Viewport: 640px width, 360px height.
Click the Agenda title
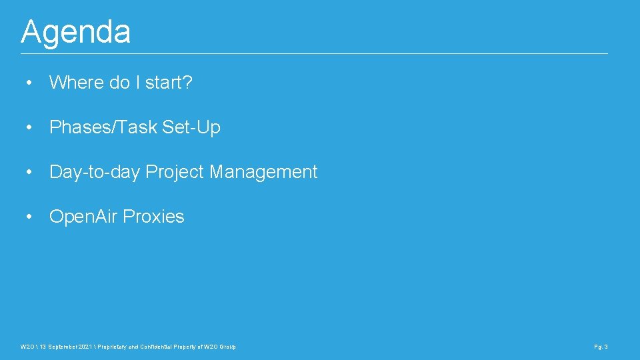pos(75,31)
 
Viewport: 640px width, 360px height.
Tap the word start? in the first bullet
pos(169,83)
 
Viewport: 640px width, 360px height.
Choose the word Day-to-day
pos(95,172)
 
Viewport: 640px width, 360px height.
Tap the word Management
pos(263,172)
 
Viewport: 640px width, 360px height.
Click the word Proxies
pos(154,217)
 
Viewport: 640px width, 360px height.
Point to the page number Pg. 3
pos(601,347)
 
